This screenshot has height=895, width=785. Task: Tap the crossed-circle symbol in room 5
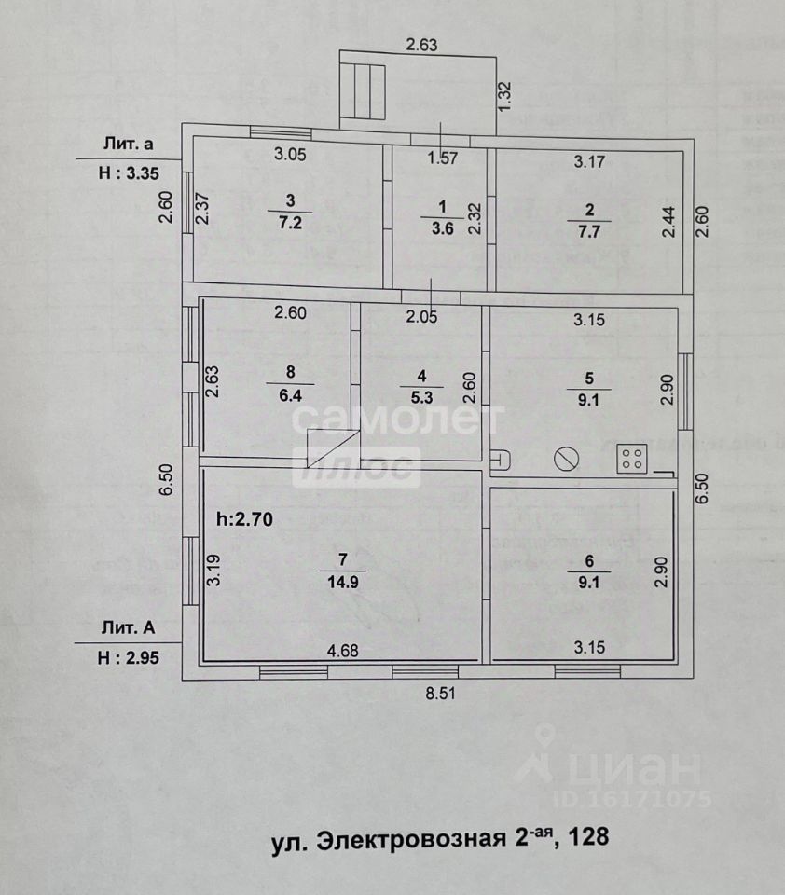click(x=565, y=459)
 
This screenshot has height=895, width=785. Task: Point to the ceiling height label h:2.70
click(x=243, y=521)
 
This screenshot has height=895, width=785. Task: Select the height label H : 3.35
click(x=129, y=172)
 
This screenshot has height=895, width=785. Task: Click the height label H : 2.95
click(x=129, y=656)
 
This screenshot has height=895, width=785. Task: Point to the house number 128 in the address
click(x=588, y=837)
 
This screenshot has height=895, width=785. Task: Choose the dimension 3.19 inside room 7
click(x=213, y=569)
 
